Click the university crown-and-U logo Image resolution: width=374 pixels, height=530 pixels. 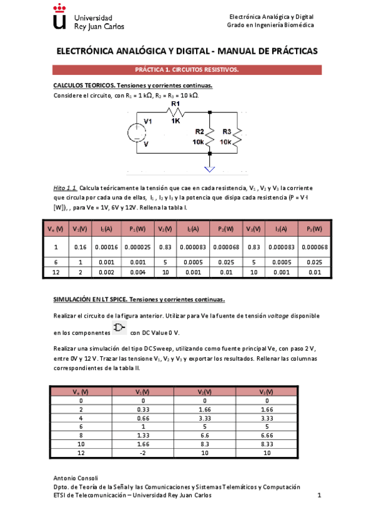coord(59,17)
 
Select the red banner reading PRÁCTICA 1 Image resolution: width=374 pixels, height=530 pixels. coord(187,70)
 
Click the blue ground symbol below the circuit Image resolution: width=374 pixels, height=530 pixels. coord(210,167)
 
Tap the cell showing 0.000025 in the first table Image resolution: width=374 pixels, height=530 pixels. coord(134,247)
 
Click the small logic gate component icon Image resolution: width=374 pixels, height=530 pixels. coord(119,328)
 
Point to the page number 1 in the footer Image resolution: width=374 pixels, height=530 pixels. coord(318,495)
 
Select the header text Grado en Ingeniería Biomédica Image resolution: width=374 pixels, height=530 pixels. coord(270,25)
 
